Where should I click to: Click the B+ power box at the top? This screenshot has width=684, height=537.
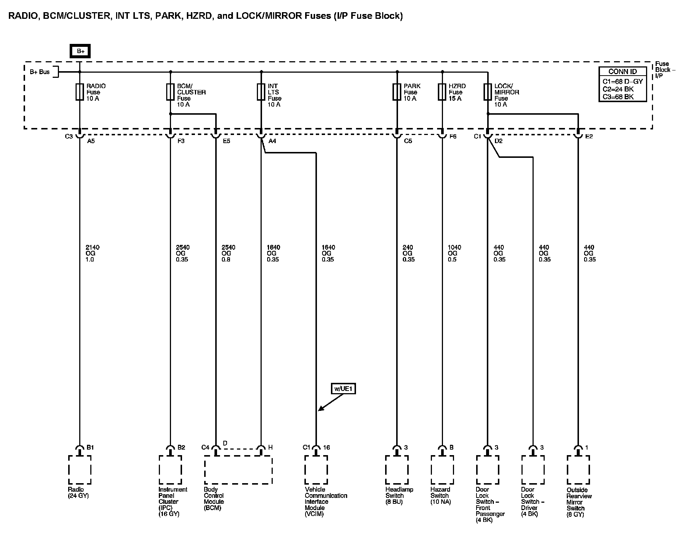click(x=81, y=51)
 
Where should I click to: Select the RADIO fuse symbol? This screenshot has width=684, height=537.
click(x=79, y=92)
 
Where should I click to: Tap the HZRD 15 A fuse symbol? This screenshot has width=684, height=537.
click(x=442, y=92)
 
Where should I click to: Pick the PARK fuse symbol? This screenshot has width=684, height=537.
click(x=397, y=92)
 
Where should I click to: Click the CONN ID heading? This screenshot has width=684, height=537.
click(x=622, y=72)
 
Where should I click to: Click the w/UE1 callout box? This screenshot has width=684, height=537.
click(x=343, y=389)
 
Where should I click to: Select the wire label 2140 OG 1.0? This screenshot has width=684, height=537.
click(x=92, y=253)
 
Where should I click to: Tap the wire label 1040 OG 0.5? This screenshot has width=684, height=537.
click(x=454, y=253)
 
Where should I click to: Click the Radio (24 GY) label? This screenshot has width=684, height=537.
click(x=78, y=493)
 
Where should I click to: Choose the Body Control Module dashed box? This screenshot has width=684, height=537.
click(x=238, y=470)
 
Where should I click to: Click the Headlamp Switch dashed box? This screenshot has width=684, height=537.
click(x=397, y=470)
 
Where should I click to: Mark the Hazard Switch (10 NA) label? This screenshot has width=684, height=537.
click(x=440, y=496)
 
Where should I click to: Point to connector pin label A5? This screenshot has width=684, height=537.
click(x=91, y=141)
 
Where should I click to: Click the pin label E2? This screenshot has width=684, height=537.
click(x=589, y=136)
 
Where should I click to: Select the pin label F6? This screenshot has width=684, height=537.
click(x=453, y=136)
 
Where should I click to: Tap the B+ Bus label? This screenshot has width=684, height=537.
click(x=39, y=72)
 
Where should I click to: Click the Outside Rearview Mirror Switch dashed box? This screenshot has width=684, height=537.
click(x=578, y=470)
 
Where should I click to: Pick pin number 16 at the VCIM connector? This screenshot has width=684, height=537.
click(x=327, y=447)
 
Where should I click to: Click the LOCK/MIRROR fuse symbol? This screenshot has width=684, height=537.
click(x=488, y=92)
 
